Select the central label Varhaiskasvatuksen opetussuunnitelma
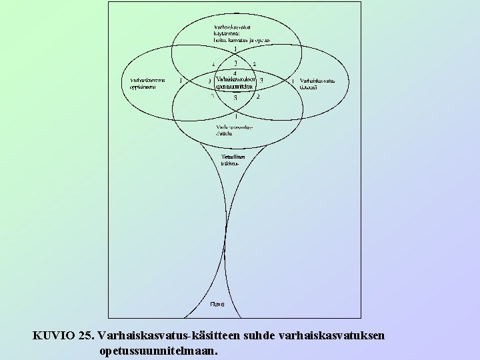235,83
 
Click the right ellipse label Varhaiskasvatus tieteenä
317,84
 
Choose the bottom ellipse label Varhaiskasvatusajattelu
231,130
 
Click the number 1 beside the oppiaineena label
181,81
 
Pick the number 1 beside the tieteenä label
293,81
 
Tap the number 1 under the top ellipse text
235,49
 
